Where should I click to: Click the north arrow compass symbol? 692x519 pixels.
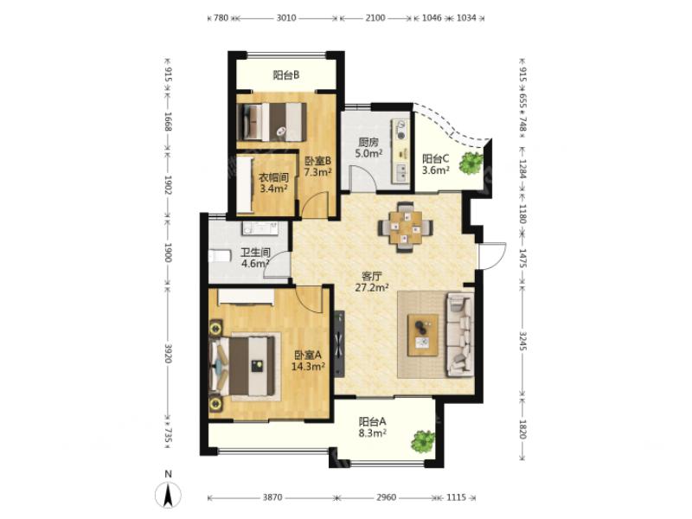[168, 494]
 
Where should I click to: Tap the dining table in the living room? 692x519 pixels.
[405, 227]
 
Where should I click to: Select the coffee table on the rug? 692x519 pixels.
[423, 335]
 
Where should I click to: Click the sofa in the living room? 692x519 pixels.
[460, 336]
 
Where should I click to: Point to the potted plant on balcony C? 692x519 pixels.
[471, 163]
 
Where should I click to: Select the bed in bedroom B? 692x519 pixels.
[272, 122]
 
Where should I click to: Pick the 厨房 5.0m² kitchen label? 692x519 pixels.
[368, 148]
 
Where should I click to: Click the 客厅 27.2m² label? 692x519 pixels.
[372, 282]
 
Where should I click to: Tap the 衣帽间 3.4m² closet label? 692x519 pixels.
[273, 183]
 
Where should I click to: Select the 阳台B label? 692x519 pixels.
[286, 75]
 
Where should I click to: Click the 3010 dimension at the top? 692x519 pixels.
[286, 18]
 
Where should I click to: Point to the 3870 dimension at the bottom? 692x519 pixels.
[272, 497]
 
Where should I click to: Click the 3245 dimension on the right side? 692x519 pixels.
[523, 341]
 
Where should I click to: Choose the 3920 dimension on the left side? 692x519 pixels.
[168, 353]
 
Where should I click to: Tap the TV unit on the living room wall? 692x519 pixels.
[339, 344]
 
